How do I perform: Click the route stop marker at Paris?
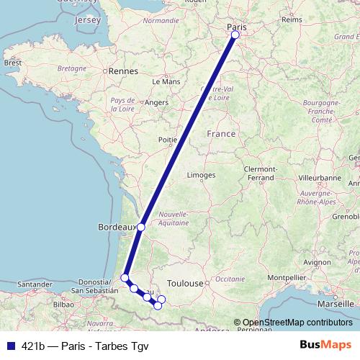coord(235,34)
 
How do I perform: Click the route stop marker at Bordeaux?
coord(141,227)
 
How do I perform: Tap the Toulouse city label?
coord(185,284)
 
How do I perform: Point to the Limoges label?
coord(201,175)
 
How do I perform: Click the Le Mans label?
coord(171,82)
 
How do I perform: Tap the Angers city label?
coord(156,103)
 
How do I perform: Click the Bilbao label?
coord(63,305)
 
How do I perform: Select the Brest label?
coord(13,63)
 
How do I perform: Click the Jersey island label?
coord(87,20)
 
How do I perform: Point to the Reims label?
coord(292,20)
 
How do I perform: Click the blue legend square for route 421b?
coord(7,346)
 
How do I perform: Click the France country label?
coord(220,134)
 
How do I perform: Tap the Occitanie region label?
coord(230,278)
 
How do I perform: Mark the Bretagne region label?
coord(71,68)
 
